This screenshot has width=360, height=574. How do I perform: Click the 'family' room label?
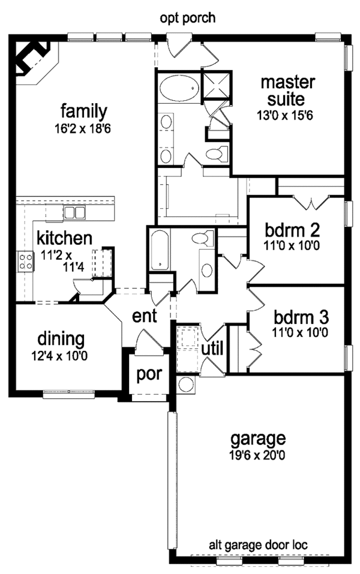click(x=83, y=111)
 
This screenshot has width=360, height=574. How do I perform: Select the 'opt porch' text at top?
click(x=187, y=19)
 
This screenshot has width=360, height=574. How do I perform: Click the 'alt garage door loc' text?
click(x=258, y=545)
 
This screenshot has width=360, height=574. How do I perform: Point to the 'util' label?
click(x=212, y=347)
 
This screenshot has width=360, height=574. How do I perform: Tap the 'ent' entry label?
click(x=145, y=316)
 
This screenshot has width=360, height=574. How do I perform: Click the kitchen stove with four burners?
click(x=26, y=262)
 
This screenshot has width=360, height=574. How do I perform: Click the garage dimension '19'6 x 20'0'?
click(x=259, y=455)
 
